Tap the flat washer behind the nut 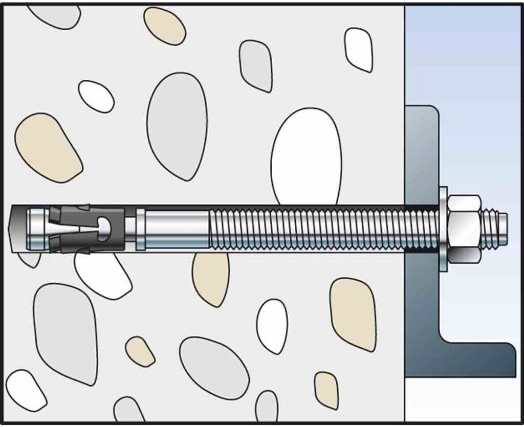point(443,228)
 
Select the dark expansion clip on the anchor point(87,229)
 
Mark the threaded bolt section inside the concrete point(307,229)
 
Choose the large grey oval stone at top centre point(177,125)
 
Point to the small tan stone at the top point(164,26)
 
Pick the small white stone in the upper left point(96,96)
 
